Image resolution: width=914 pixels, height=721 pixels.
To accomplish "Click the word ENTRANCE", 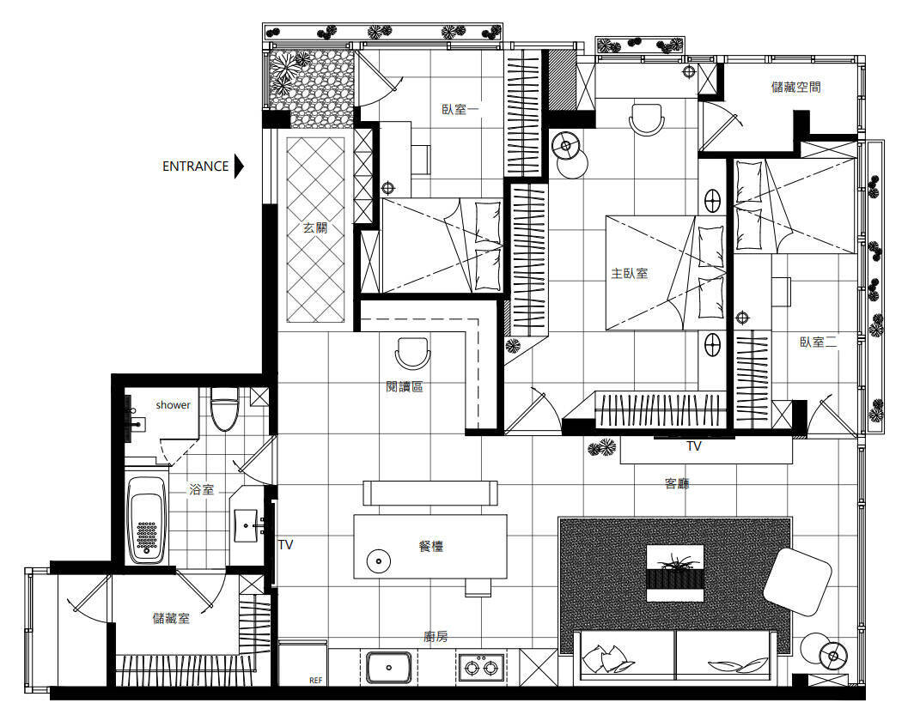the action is click(x=195, y=167).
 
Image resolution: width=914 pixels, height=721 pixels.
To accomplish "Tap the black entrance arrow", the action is click(x=239, y=166).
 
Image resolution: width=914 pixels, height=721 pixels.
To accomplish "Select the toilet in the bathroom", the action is click(x=224, y=409).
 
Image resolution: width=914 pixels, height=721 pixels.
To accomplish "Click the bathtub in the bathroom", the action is click(x=146, y=520).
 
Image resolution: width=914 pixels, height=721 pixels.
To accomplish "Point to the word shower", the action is click(x=174, y=405).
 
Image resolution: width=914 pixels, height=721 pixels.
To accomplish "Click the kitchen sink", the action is click(x=389, y=667).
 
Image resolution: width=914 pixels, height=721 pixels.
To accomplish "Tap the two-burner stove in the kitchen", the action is click(x=481, y=667).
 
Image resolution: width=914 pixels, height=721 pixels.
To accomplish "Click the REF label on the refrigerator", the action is click(x=315, y=681).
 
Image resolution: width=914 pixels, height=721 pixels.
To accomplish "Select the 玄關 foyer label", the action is click(x=315, y=227).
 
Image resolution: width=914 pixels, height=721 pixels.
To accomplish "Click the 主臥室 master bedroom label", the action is click(x=630, y=273).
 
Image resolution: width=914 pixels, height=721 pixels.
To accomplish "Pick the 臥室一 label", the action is click(x=460, y=109).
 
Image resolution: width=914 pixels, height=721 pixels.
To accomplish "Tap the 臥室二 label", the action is click(x=819, y=342).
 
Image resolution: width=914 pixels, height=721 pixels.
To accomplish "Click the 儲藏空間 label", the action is click(x=796, y=87).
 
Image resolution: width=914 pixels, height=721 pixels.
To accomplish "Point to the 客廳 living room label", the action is click(x=677, y=483).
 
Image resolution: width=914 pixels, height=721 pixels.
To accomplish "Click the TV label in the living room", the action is click(x=694, y=446).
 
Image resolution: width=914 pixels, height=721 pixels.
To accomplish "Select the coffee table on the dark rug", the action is click(x=675, y=573).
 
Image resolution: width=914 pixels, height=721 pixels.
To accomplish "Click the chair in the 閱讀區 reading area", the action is click(x=412, y=353).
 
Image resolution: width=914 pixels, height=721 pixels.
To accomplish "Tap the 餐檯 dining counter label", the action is click(x=431, y=546).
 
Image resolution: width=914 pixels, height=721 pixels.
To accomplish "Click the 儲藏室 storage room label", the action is click(x=172, y=618).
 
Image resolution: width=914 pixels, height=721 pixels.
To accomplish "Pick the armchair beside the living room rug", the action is click(x=797, y=582).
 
